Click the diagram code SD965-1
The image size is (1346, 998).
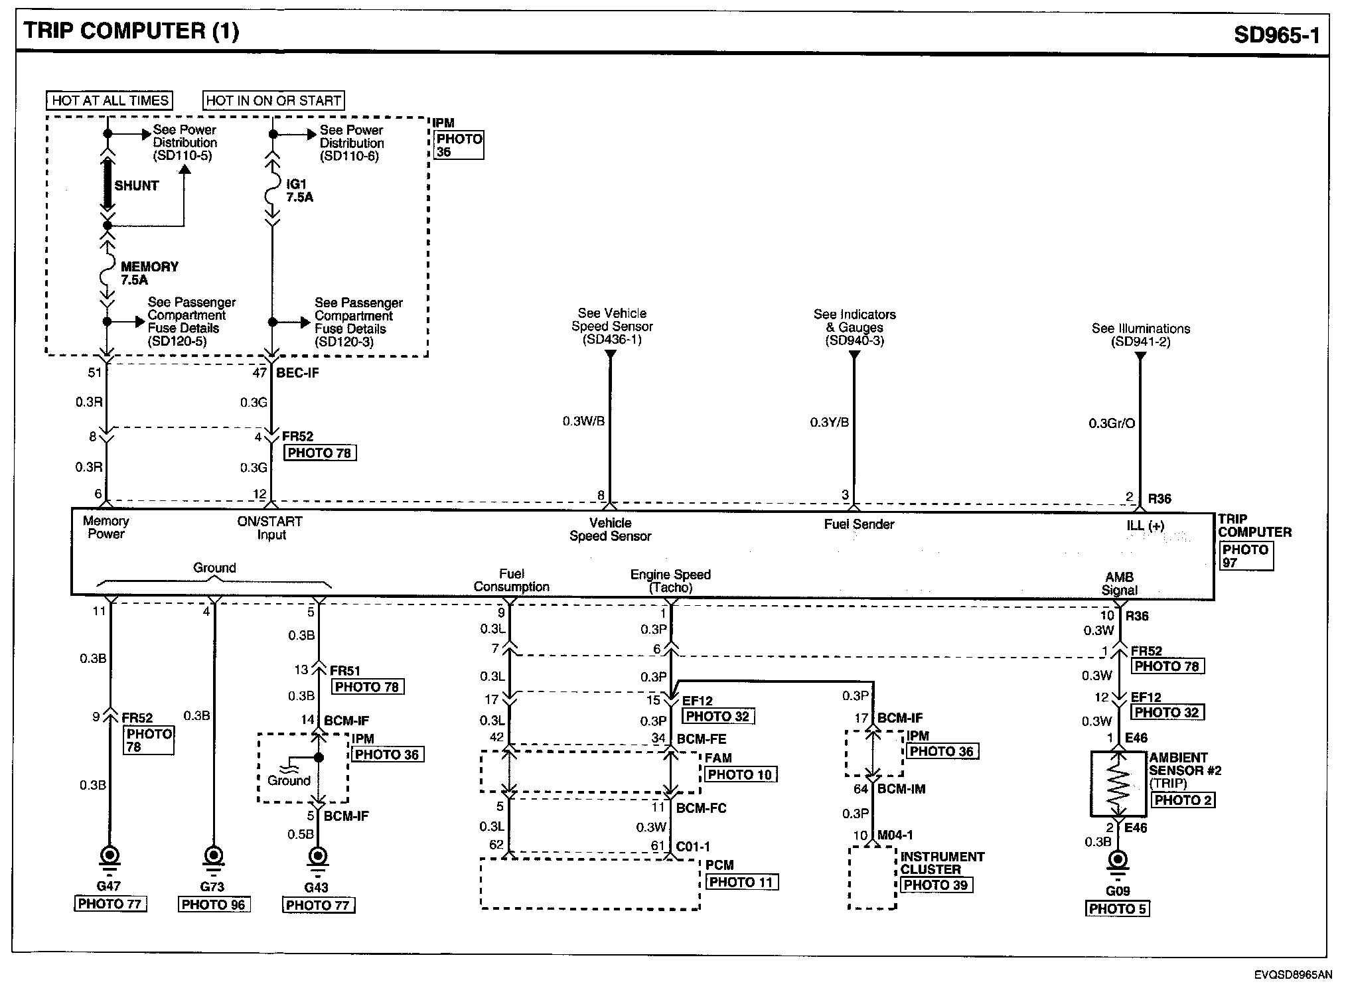tap(1276, 34)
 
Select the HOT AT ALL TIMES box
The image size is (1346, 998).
tap(110, 100)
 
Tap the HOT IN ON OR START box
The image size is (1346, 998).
tap(273, 100)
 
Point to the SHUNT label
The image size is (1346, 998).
tap(136, 186)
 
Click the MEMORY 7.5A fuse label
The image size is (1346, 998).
tap(149, 273)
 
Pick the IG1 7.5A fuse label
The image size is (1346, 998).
tap(299, 190)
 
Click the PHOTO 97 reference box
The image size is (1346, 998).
tap(1245, 556)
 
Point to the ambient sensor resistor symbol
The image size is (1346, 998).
tap(1118, 784)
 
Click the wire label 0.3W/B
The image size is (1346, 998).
tap(583, 421)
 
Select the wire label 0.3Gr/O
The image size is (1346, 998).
tap(1112, 423)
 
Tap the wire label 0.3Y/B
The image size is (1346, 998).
tap(829, 422)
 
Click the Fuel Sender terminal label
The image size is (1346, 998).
tap(859, 524)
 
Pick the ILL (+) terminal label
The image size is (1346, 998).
tap(1145, 526)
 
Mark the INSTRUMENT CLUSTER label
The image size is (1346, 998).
tap(942, 863)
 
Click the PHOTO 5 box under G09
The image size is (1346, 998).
tap(1118, 908)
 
